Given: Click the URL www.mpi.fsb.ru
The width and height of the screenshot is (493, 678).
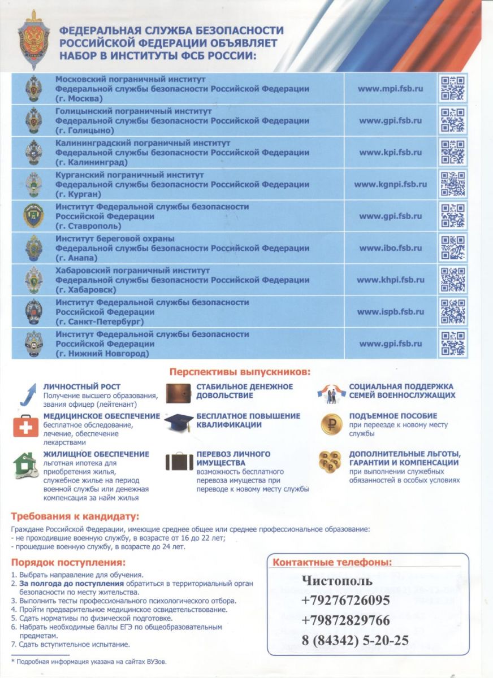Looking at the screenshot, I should click(390, 89).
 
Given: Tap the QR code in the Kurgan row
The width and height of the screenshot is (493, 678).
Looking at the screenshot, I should click(453, 184).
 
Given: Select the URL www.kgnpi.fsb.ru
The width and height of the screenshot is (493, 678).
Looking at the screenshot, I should click(390, 184).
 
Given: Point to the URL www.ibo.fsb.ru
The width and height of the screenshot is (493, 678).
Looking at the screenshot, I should click(390, 248).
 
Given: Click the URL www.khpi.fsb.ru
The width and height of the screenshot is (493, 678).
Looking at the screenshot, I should click(390, 280).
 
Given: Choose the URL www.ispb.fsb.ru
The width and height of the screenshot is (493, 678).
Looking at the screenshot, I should click(390, 312).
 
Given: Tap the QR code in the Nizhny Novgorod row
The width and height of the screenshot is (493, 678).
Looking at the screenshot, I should click(453, 344).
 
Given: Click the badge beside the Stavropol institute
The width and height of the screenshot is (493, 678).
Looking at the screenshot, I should click(33, 216).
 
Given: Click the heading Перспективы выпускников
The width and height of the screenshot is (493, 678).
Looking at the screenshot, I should click(240, 372).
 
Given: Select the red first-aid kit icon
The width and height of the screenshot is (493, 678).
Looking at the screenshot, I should click(26, 425).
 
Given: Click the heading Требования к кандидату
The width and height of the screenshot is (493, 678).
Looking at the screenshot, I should click(75, 516).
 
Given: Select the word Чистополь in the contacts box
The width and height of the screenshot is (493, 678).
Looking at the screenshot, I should click(337, 581).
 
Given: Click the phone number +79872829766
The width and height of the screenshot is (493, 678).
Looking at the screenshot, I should click(345, 620).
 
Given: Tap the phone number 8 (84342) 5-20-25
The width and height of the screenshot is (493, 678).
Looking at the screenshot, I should click(354, 640).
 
